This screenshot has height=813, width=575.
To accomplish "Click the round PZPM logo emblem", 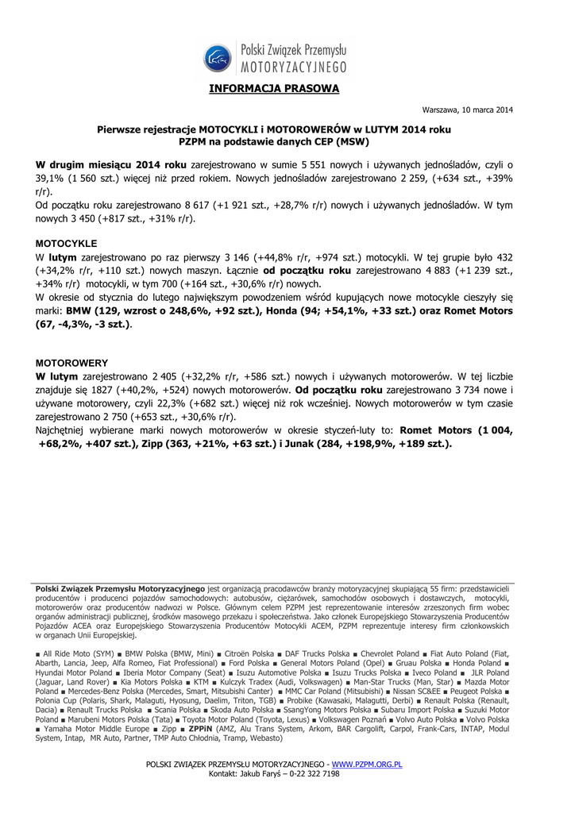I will tap(217, 57).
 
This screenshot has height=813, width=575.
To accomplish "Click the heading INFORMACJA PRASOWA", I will tap(274, 88).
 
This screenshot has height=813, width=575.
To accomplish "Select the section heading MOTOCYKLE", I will tap(67, 243).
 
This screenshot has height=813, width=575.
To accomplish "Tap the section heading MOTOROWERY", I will tap(72, 361).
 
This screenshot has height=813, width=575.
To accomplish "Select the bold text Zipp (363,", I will tap(168, 444).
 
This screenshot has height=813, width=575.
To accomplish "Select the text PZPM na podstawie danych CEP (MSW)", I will tap(274, 141).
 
